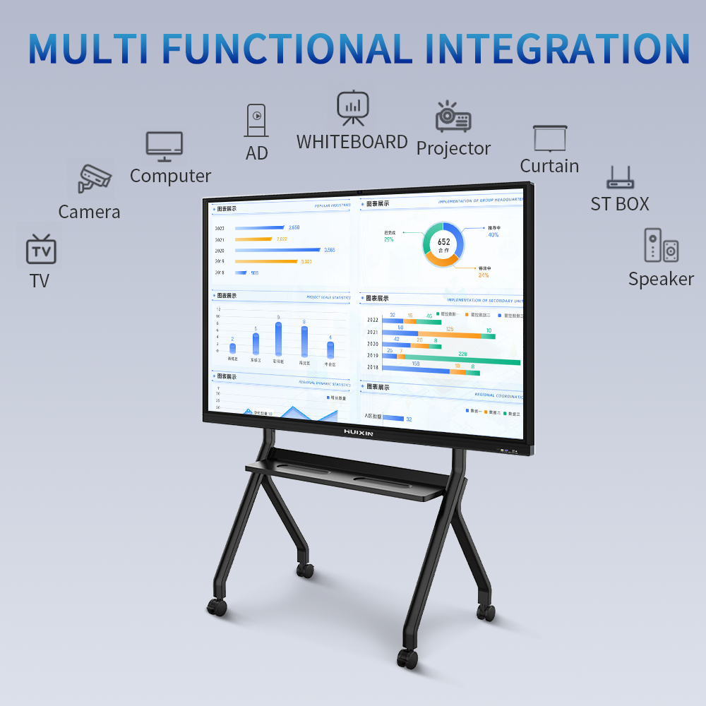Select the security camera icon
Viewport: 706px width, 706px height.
pos(95,178)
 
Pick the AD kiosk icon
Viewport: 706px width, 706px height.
pos(256,121)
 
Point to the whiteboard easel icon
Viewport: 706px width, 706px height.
pos(352,108)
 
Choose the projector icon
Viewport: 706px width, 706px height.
pos(453,117)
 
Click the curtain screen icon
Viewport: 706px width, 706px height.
pos(549,139)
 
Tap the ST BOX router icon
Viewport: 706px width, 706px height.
pos(621,177)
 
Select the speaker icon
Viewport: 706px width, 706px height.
pos(662,246)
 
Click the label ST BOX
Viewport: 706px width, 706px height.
pos(620,204)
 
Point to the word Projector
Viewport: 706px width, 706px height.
pos(453,148)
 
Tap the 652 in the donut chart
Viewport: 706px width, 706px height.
pos(443,242)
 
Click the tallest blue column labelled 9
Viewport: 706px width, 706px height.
pos(278,339)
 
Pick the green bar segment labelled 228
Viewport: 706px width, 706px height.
pos(467,362)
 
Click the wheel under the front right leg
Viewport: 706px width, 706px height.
pos(407,659)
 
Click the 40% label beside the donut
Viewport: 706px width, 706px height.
pos(493,235)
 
